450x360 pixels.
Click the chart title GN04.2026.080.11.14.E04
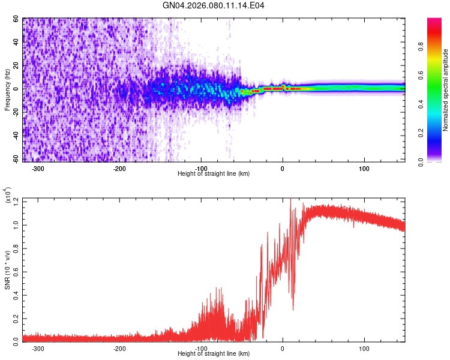click(x=214, y=5)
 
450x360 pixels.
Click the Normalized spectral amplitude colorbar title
click(x=446, y=90)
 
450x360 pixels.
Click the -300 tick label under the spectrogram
click(x=38, y=169)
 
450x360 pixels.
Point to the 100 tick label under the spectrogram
click(x=364, y=169)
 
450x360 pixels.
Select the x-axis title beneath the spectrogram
click(x=214, y=174)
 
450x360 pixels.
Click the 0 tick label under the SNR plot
click(x=283, y=349)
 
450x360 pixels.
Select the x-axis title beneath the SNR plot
click(x=214, y=354)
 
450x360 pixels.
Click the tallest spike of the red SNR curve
click(x=290, y=200)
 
